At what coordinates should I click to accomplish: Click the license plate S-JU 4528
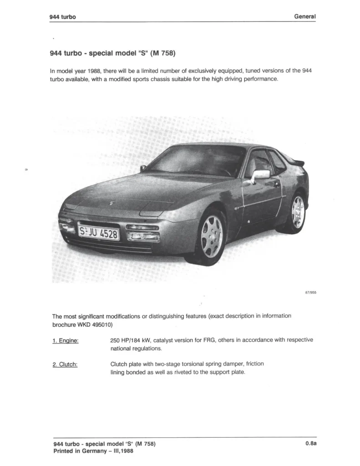coord(98,233)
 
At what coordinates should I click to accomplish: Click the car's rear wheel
coord(298,212)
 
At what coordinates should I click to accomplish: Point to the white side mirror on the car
coord(261,174)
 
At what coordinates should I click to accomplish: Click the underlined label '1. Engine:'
coord(66,340)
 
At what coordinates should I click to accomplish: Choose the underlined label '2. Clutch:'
coord(65,364)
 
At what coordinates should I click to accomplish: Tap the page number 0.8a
coord(311,444)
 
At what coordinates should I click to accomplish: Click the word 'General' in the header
coord(305,16)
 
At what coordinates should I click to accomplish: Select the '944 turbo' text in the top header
coord(62,17)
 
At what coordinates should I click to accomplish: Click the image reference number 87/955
coord(310,293)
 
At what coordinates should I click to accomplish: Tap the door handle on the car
coord(276,184)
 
